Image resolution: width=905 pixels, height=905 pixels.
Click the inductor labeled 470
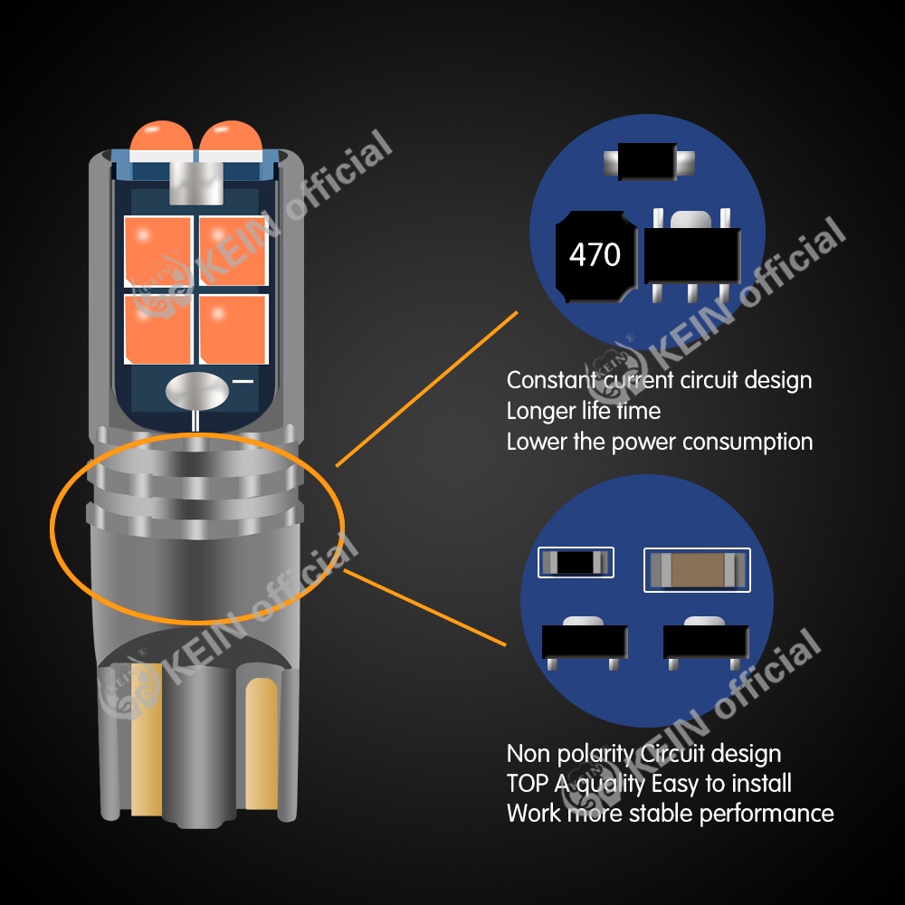coord(595,256)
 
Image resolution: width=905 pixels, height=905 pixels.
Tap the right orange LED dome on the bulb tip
coord(226,141)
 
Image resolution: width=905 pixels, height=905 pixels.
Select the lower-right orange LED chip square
coord(233,329)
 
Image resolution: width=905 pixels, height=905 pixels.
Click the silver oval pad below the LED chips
coord(196,391)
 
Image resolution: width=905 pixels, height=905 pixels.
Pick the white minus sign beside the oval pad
coord(243,382)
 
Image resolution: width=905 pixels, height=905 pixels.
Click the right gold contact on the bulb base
coord(262,742)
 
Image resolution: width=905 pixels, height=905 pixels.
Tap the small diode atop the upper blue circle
coord(649,165)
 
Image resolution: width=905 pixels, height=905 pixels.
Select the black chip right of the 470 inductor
coord(691,253)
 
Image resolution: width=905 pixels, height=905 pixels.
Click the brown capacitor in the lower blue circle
coord(697,570)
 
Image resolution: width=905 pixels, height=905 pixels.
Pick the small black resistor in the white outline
coord(576,562)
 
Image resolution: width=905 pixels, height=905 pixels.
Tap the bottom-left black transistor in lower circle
coord(585,642)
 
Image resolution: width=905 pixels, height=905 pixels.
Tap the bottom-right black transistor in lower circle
coord(707,642)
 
